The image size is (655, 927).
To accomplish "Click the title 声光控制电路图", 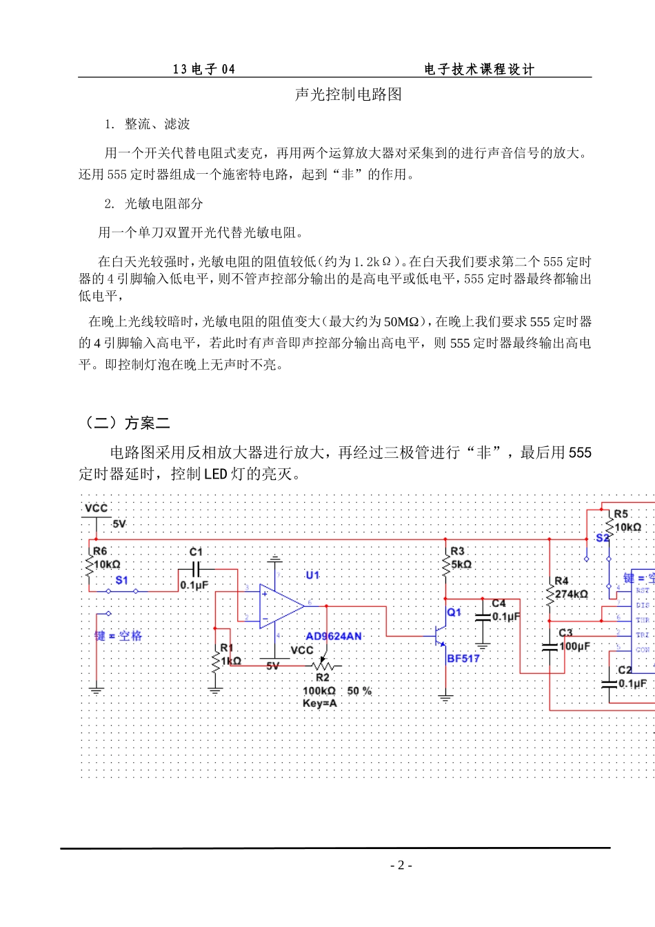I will click(348, 94).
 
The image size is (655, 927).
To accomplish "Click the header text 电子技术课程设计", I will click(479, 69).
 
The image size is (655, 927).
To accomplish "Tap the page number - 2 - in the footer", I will click(401, 866).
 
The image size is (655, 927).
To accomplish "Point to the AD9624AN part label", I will click(334, 636).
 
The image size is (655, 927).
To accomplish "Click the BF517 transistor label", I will click(463, 659).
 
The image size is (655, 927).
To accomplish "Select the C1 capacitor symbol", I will click(196, 570).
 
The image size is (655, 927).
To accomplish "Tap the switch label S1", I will click(121, 580).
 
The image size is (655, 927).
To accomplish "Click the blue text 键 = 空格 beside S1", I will click(118, 636).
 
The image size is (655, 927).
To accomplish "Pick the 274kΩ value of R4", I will click(572, 594).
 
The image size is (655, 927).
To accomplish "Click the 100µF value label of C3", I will click(575, 646).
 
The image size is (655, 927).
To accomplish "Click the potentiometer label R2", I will click(322, 677).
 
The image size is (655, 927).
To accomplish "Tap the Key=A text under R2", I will click(319, 703).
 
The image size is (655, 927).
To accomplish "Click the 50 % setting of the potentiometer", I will click(359, 690).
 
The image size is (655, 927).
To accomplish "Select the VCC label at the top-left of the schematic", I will click(96, 508).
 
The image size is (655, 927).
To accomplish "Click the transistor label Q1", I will click(454, 612).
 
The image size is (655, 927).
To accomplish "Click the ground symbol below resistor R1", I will click(215, 688).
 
